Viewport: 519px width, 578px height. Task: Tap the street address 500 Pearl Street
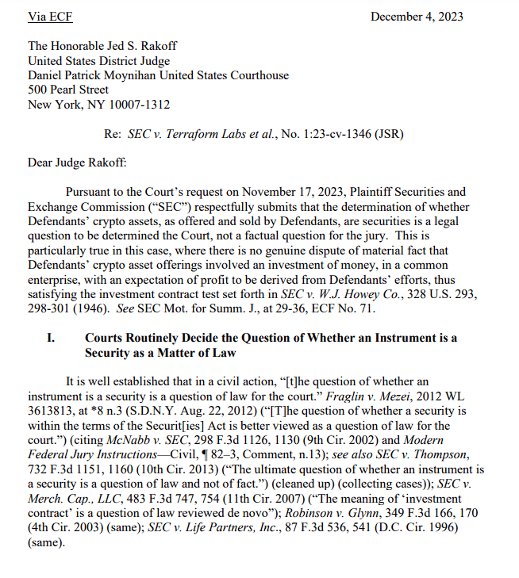pos(68,90)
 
